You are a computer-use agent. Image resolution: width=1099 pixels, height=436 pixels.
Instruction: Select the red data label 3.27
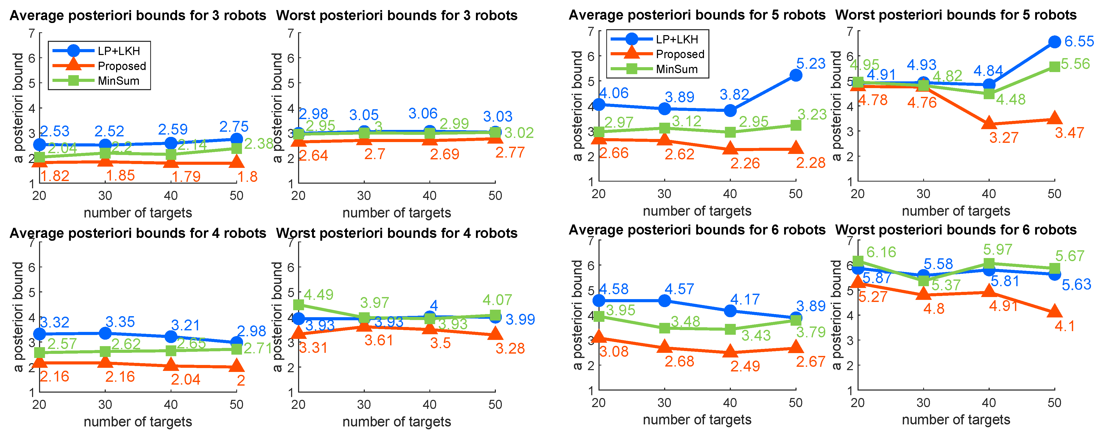coord(1003,138)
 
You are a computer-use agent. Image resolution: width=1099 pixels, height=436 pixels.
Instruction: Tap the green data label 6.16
coord(881,252)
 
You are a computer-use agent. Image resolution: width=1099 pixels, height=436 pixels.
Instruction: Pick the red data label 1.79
coord(186,176)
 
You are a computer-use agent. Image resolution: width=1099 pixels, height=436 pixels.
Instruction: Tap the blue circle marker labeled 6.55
coord(1055,42)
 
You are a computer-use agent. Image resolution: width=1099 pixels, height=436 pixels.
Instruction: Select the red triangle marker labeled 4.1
coord(1055,312)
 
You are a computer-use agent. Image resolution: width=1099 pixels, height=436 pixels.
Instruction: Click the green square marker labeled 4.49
coord(299,304)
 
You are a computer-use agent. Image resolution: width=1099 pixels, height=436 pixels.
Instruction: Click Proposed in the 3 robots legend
coord(122,66)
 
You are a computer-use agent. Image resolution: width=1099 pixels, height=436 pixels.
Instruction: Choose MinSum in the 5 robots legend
coord(677,69)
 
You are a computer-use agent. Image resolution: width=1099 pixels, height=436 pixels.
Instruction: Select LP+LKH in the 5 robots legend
coord(677,39)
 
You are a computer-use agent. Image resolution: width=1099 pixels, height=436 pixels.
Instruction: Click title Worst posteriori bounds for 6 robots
coord(956,230)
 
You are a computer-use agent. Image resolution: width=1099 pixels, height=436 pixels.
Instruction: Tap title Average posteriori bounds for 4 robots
coord(138,233)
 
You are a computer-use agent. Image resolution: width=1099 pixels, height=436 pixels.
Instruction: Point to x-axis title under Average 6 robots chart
coord(697,420)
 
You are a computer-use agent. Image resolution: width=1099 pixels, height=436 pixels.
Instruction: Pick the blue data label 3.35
coord(120,322)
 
